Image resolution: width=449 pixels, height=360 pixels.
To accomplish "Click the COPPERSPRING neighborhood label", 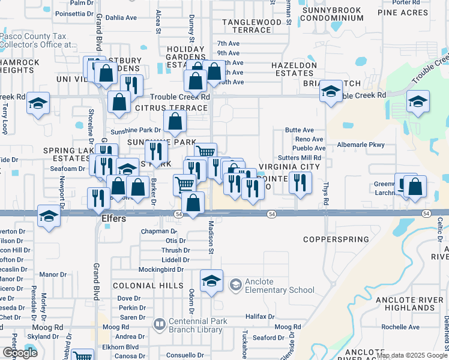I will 336,239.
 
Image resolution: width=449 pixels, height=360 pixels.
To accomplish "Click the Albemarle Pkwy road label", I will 360,145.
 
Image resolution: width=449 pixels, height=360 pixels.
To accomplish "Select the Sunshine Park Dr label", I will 136,130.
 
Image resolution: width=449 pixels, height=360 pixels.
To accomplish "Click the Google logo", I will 20,353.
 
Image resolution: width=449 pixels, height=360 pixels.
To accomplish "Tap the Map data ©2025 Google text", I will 412,356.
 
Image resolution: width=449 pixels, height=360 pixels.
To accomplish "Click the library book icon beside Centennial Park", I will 159,325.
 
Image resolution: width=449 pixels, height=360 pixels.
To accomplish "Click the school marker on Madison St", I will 211,281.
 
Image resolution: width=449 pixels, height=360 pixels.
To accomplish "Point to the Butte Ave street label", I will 299,130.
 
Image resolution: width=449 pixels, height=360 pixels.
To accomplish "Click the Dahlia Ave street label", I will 121,17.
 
